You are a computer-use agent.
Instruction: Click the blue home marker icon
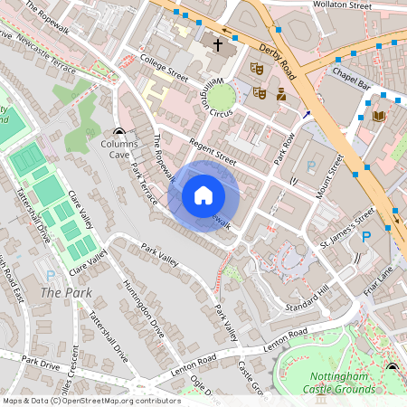click(203, 195)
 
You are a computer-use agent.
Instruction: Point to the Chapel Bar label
click(352, 79)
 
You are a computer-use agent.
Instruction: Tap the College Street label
click(164, 67)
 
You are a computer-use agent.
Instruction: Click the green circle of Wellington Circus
click(222, 97)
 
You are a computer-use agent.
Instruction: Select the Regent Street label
click(213, 151)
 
